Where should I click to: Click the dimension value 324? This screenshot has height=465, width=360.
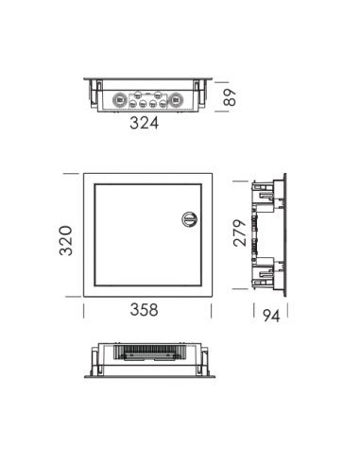tap(144, 123)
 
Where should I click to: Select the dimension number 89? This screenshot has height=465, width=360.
tap(230, 97)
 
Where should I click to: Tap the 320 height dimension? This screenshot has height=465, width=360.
tap(66, 240)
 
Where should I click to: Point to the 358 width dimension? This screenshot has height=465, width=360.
tap(144, 310)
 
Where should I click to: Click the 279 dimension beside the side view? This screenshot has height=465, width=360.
tap(240, 232)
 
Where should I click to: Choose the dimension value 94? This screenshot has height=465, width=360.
tap(271, 316)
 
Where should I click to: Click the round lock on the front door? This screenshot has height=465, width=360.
tap(189, 218)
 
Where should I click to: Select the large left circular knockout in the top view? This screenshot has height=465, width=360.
tap(120, 100)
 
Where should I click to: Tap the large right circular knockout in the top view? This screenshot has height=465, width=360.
tap(174, 100)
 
